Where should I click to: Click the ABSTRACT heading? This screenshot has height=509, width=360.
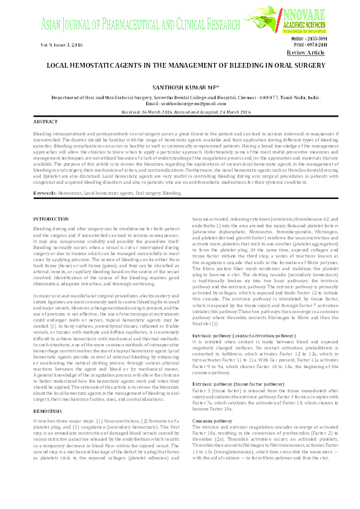coord(45,122)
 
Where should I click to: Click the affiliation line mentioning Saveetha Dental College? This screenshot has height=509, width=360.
coord(180,97)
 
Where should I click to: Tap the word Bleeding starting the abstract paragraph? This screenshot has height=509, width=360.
coord(43,132)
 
